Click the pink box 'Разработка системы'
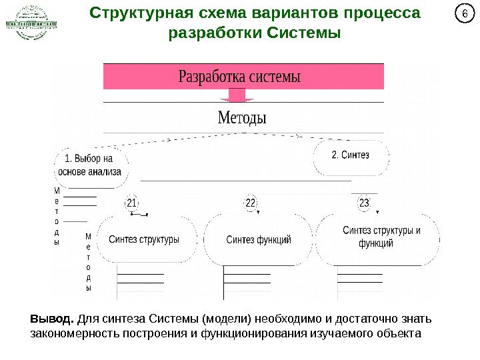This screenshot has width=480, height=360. (x=243, y=76)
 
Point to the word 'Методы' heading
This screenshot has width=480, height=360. (x=242, y=118)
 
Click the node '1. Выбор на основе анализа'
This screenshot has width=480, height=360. (x=90, y=165)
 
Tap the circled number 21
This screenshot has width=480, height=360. (x=131, y=203)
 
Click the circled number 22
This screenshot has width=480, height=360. (x=251, y=203)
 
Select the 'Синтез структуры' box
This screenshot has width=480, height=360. (x=144, y=239)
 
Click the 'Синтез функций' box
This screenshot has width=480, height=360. (x=259, y=239)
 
